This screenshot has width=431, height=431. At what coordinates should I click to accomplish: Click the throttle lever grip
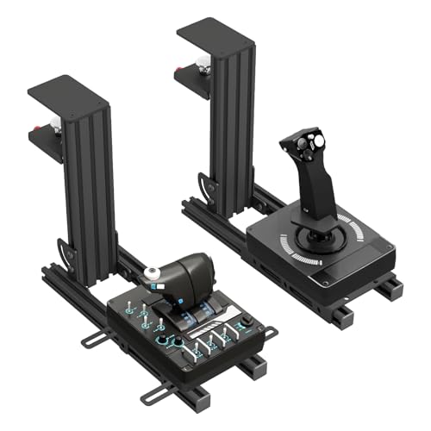185,277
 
